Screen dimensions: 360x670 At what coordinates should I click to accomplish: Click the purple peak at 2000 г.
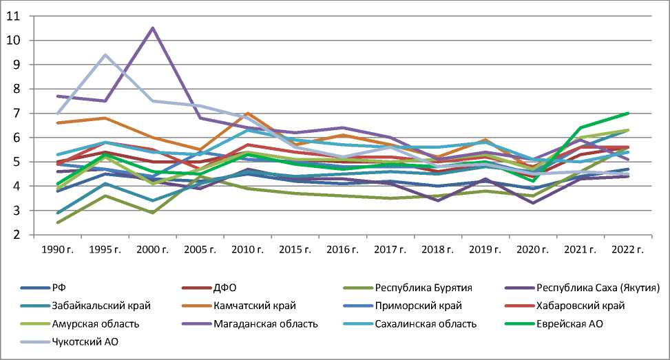pos(152,28)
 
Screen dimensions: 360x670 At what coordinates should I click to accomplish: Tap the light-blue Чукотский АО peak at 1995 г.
pos(105,54)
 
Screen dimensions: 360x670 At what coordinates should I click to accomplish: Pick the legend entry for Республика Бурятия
pos(415,286)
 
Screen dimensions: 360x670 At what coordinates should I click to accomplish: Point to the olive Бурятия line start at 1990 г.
pos(57,222)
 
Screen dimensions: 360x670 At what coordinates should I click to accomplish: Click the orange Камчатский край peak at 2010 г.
pos(247,113)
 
